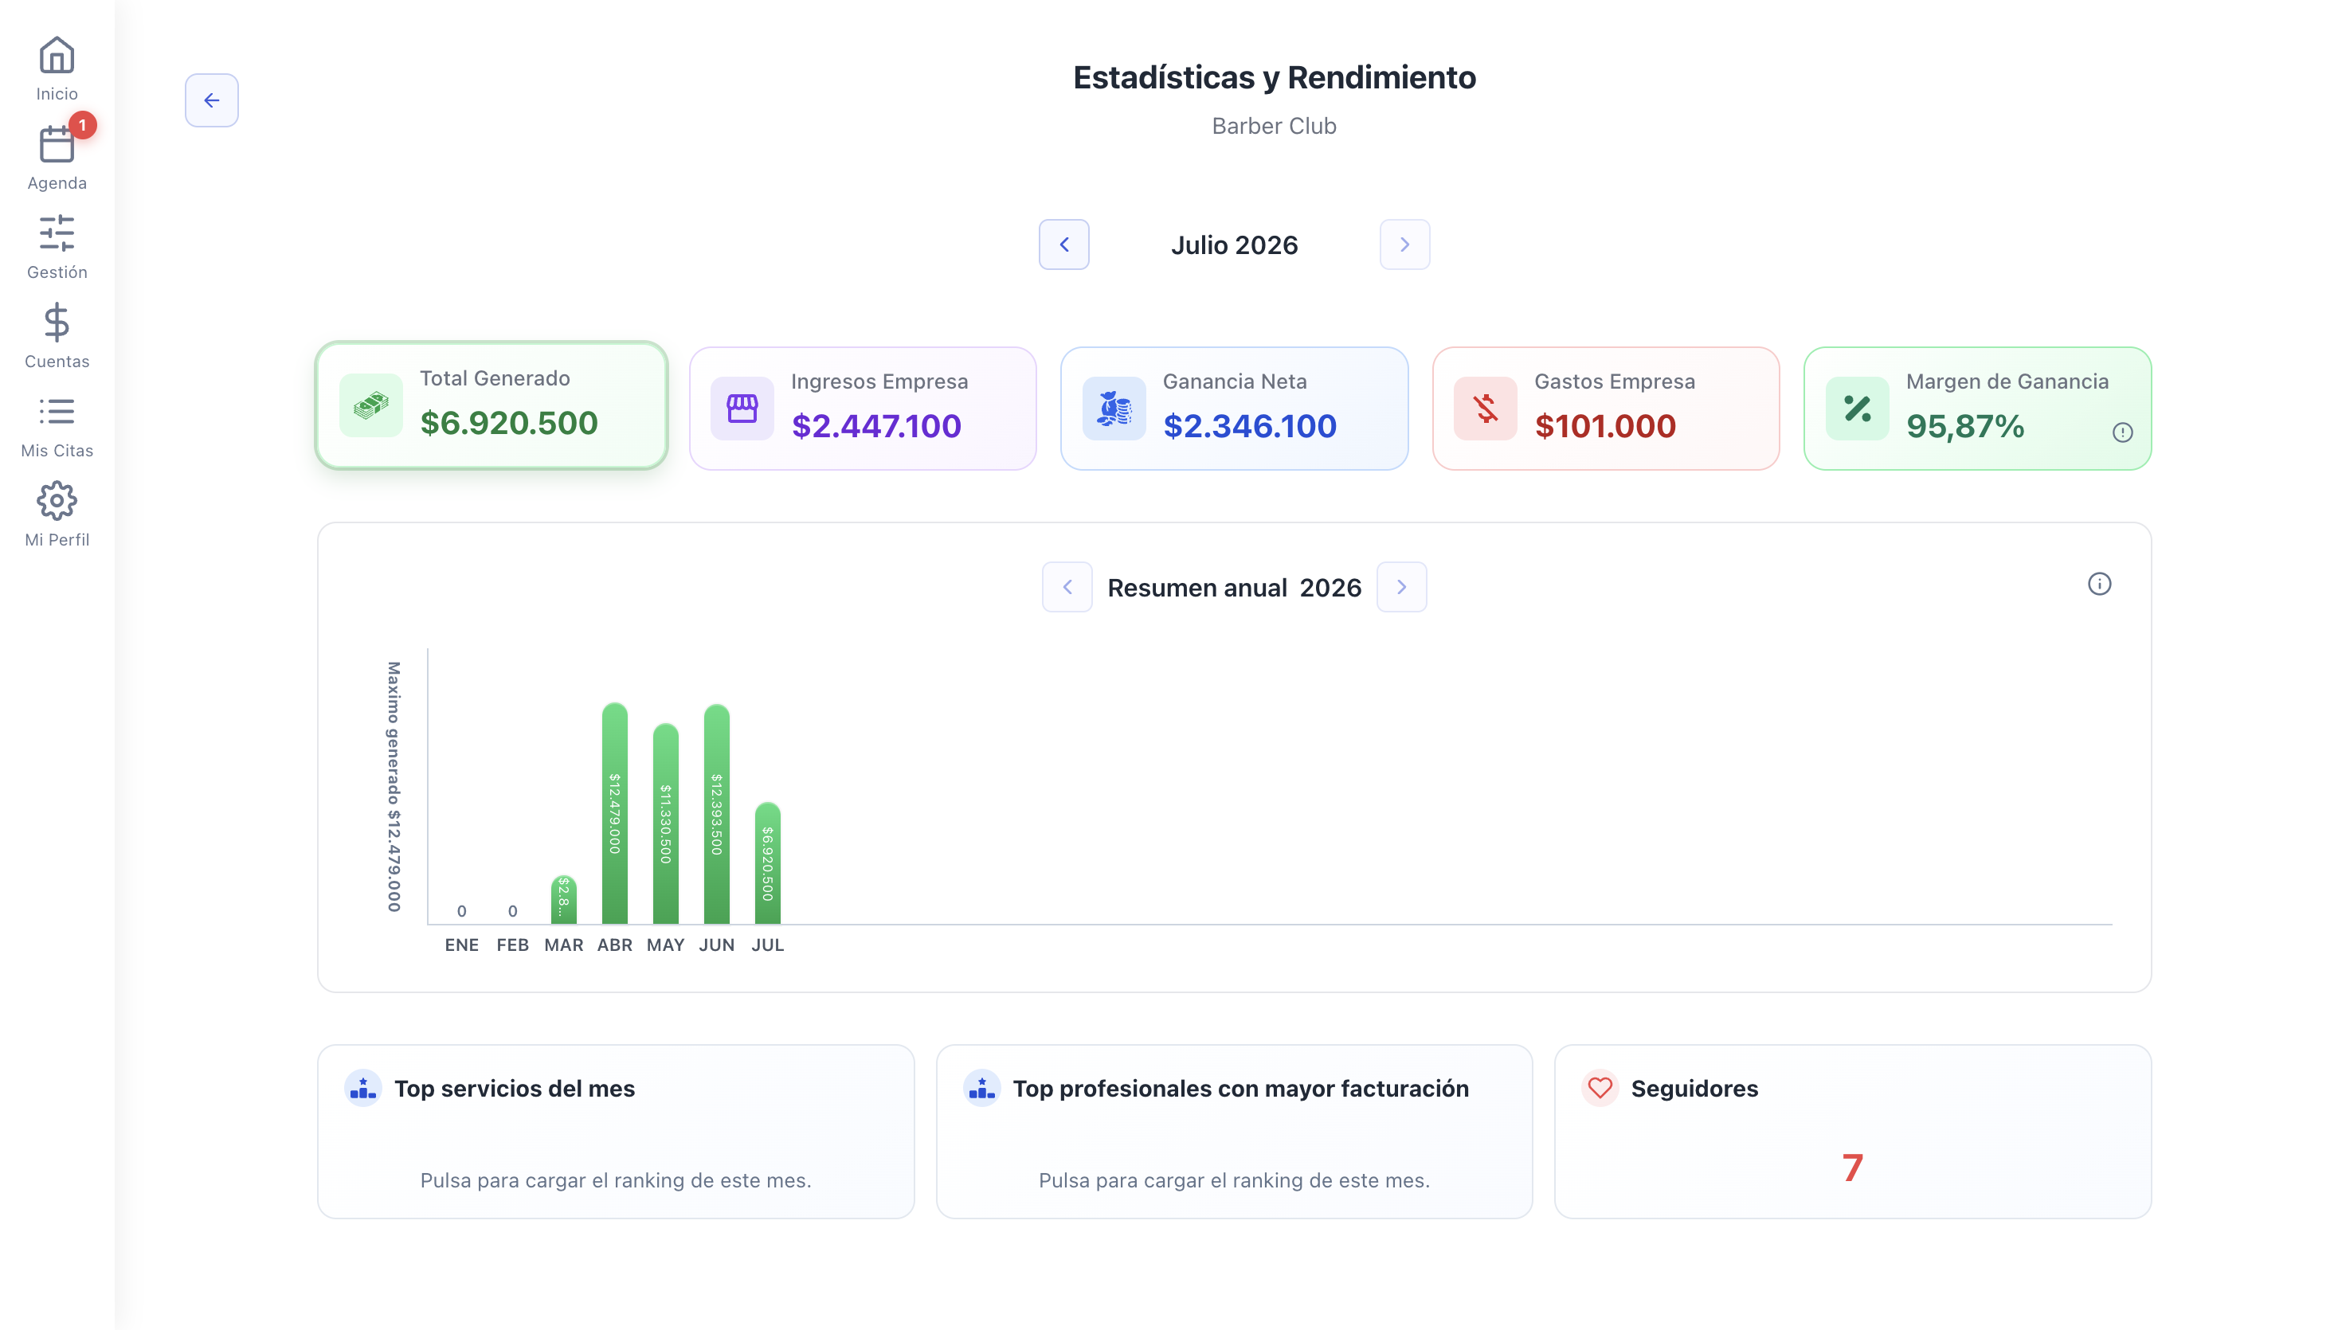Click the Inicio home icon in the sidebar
coord(57,56)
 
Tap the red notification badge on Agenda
coord(82,125)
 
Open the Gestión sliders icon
coord(57,233)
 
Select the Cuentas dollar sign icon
coord(57,323)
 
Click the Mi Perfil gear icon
coord(57,501)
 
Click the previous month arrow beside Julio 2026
coord(1064,244)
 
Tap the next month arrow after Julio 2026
coord(1405,244)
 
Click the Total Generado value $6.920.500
coord(509,423)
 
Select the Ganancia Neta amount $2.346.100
coord(1250,425)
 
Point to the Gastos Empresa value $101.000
coord(1605,425)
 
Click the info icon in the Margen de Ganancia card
coord(2123,433)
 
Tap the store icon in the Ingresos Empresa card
coord(742,409)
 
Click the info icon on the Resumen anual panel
coord(2100,584)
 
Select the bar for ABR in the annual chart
coord(615,813)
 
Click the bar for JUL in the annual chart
coord(768,863)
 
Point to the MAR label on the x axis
coord(563,945)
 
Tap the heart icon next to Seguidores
coord(1600,1088)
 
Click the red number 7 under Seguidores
coord(1852,1168)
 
